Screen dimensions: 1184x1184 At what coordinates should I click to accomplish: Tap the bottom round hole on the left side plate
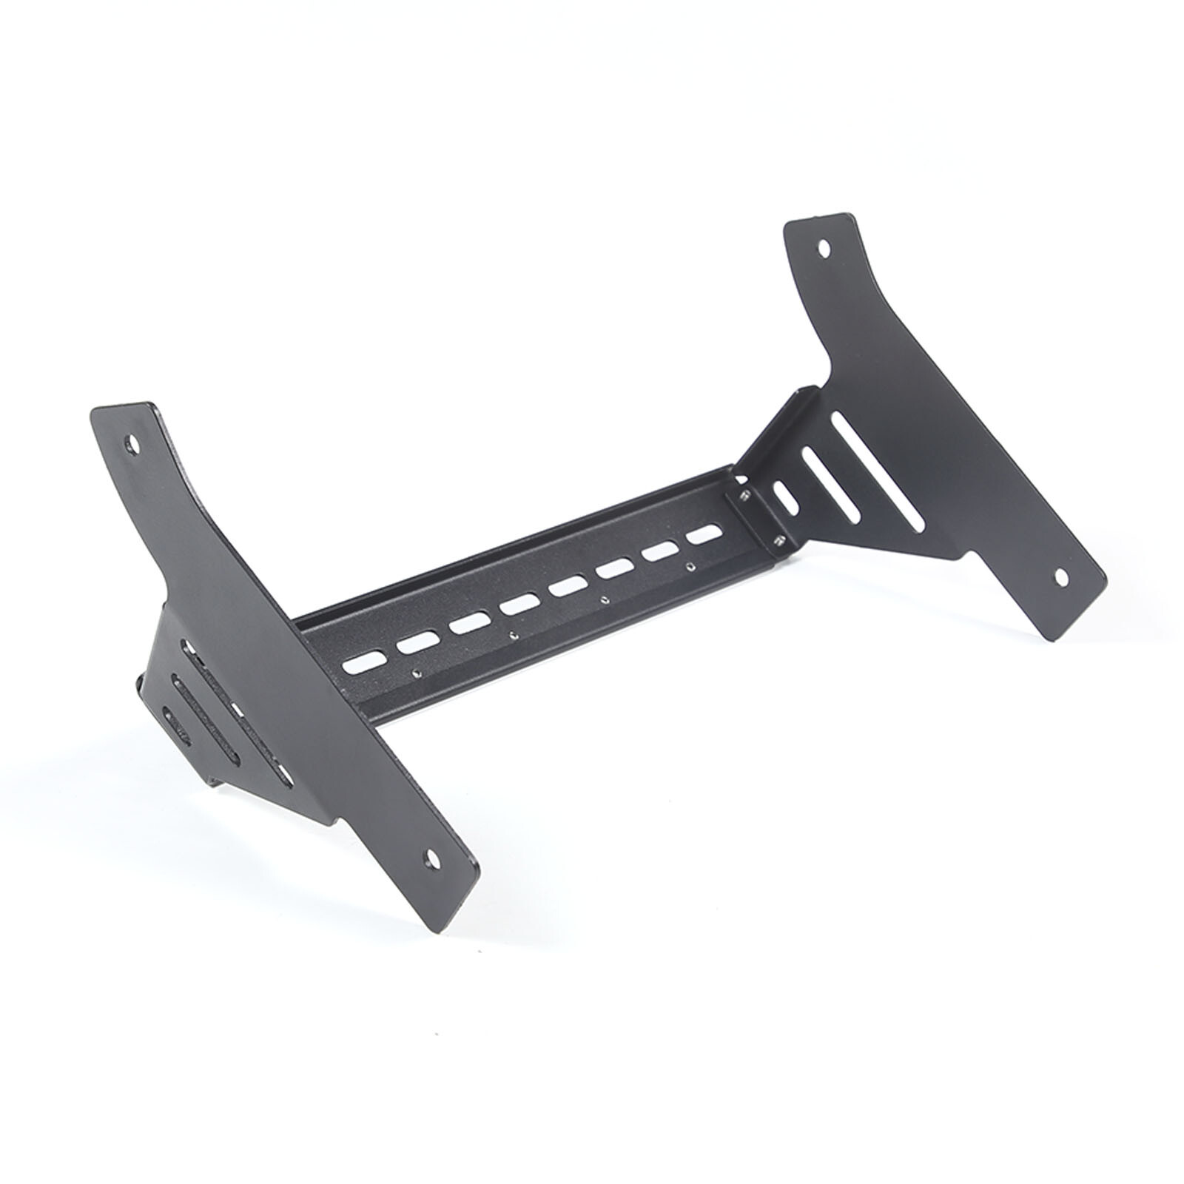coord(428,858)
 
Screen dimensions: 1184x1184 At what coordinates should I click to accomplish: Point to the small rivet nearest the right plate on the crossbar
coord(690,566)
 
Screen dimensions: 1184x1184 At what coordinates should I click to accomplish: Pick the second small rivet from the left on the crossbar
coord(513,633)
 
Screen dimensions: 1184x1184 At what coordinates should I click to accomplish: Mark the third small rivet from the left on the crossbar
coord(605,599)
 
